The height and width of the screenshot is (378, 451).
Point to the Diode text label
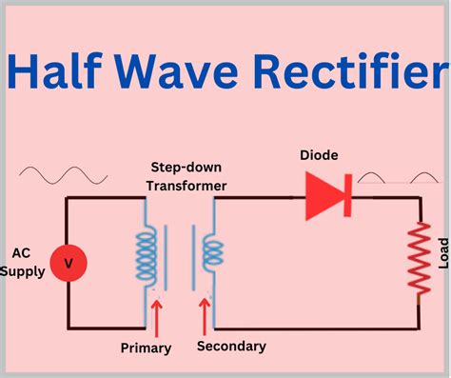click(x=318, y=155)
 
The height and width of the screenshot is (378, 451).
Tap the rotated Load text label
click(x=441, y=252)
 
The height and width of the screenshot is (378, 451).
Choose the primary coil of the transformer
click(x=146, y=255)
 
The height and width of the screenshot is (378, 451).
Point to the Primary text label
click(x=146, y=348)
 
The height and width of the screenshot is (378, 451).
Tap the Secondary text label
click(x=231, y=346)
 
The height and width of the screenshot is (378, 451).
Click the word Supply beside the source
click(x=22, y=272)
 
